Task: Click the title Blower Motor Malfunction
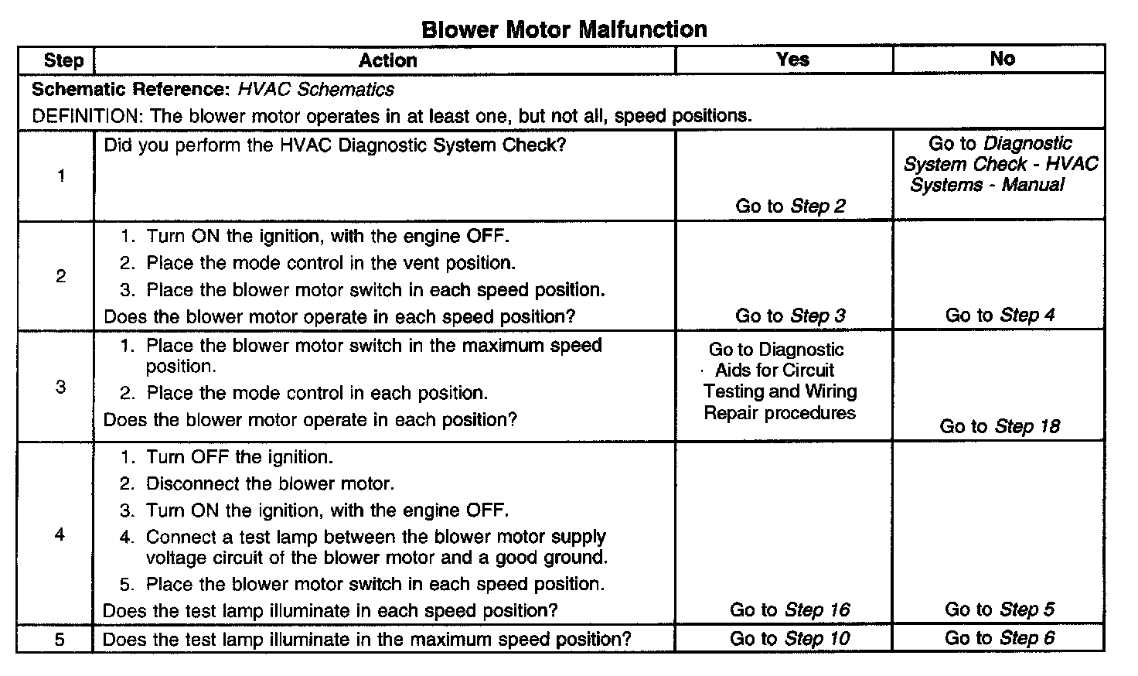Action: (564, 29)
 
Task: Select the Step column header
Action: (63, 60)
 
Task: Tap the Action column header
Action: (387, 60)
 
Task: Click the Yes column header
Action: (792, 60)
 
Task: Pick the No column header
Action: (1002, 59)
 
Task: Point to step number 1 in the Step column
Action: (61, 176)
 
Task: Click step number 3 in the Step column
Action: (61, 387)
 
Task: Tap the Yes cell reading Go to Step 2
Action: (790, 206)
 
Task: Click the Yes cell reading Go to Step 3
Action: (790, 316)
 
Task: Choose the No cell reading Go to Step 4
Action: (1000, 315)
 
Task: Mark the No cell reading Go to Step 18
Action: (1000, 426)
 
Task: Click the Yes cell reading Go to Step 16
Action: (789, 610)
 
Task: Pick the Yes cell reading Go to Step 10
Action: (789, 639)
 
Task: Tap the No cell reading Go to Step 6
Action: (1000, 638)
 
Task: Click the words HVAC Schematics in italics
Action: (315, 89)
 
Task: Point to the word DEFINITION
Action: (84, 116)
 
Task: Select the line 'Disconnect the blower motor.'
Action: (270, 484)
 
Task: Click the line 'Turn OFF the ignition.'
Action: (240, 457)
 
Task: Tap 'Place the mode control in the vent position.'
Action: (331, 263)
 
